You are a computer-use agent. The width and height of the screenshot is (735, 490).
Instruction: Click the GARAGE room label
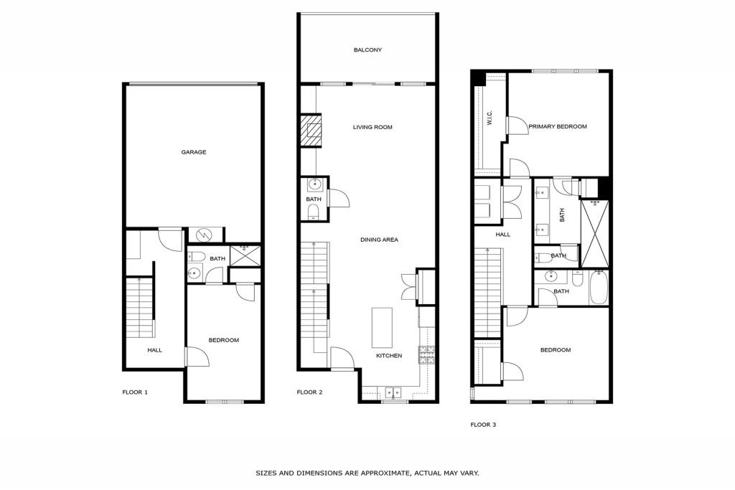click(x=193, y=152)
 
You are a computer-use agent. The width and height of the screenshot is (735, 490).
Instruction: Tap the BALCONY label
click(x=367, y=50)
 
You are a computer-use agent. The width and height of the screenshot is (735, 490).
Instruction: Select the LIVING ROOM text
click(x=373, y=128)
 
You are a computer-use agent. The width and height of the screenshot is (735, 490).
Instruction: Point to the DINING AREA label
click(x=379, y=240)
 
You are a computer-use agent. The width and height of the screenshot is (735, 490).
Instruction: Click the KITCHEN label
click(x=389, y=356)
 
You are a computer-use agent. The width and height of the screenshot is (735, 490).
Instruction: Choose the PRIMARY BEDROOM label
click(x=558, y=127)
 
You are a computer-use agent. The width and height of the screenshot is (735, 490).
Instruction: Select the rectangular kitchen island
click(x=382, y=326)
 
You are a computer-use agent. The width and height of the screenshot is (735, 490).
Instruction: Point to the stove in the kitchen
click(x=427, y=354)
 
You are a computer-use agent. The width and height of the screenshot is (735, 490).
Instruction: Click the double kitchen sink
click(x=392, y=392)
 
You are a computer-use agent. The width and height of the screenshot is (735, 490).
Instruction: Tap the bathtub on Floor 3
click(x=599, y=288)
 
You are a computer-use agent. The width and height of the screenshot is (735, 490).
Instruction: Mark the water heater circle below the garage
click(x=203, y=235)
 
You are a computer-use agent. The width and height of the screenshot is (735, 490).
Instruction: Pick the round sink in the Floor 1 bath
click(x=194, y=273)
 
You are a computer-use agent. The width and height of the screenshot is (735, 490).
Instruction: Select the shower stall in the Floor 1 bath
click(x=245, y=255)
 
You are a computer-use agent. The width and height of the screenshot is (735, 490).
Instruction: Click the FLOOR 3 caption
click(x=483, y=425)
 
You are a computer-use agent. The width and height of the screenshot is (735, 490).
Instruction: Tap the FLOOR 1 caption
click(x=135, y=392)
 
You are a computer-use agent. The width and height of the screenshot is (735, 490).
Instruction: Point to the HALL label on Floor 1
click(x=154, y=350)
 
